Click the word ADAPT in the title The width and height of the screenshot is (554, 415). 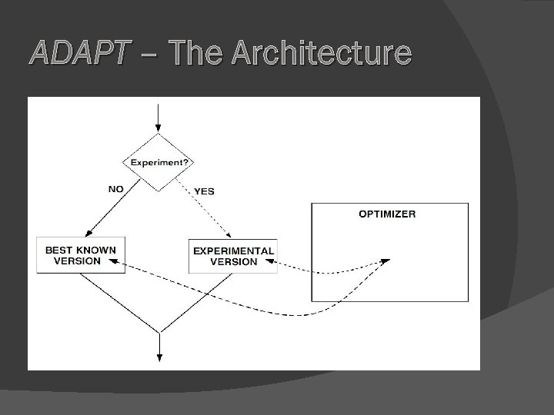click(74, 53)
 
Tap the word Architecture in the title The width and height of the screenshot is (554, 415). click(321, 53)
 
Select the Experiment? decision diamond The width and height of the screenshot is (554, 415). click(159, 162)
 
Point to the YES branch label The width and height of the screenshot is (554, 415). click(204, 191)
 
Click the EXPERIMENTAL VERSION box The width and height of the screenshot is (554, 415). click(233, 255)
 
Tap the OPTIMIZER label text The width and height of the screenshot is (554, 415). click(387, 214)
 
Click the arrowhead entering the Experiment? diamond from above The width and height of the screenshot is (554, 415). click(159, 128)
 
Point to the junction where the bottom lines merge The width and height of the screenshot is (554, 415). click(159, 331)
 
